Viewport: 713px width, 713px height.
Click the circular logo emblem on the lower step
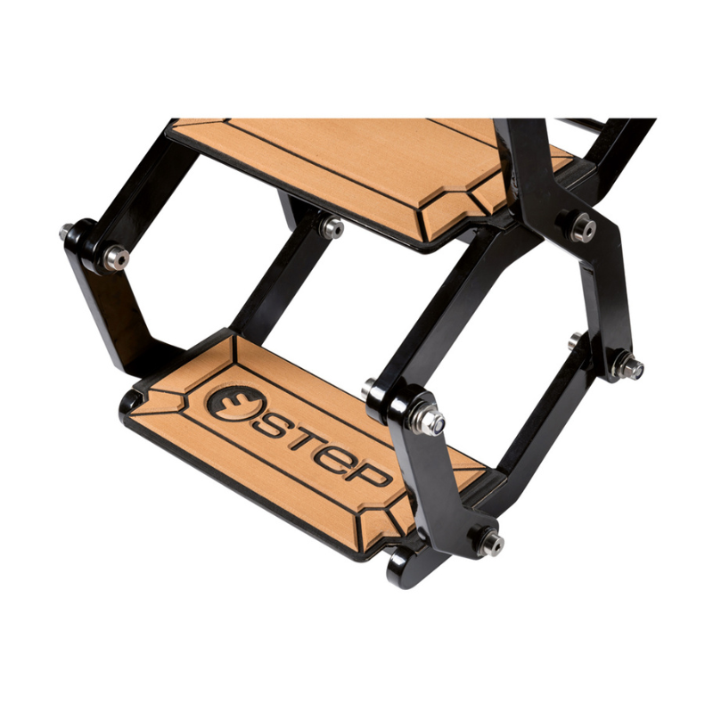pos(234,403)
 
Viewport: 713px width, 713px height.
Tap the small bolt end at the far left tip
pos(66,232)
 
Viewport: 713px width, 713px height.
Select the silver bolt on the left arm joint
pos(117,258)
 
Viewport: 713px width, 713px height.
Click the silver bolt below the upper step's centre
pos(332,227)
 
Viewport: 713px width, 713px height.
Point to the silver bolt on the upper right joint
pos(584,226)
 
